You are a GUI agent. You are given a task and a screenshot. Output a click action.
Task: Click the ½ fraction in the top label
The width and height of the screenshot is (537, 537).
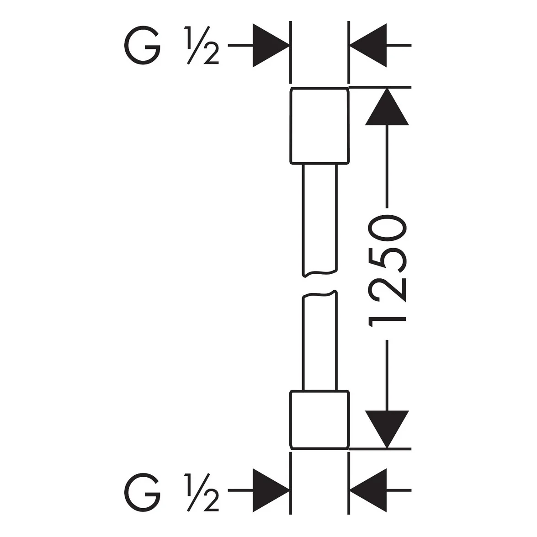(x=202, y=45)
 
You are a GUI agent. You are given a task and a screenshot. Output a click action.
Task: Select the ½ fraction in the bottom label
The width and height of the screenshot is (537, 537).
(x=202, y=493)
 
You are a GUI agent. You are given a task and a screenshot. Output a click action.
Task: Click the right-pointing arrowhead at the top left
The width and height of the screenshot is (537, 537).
(x=271, y=45)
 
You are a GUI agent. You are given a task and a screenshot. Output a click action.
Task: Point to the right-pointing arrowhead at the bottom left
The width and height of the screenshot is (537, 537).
(x=271, y=490)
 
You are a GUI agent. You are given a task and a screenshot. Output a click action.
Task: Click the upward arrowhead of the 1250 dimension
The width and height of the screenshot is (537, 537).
(x=387, y=107)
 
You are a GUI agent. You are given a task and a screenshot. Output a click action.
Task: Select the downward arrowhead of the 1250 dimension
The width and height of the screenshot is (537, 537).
(x=387, y=429)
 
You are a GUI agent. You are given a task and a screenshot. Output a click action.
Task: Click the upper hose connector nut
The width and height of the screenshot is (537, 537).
(x=290, y=126)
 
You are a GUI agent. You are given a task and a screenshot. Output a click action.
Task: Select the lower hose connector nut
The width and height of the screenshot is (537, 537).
(x=290, y=420)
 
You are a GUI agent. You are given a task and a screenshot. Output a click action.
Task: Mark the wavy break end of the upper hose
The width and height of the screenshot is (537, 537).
(x=320, y=273)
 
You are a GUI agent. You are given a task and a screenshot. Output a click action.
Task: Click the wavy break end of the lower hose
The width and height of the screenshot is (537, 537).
(x=320, y=294)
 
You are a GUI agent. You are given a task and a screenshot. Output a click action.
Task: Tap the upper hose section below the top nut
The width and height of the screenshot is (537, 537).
(x=303, y=219)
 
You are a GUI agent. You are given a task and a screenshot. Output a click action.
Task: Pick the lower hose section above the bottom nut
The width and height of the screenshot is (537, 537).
(x=303, y=342)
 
